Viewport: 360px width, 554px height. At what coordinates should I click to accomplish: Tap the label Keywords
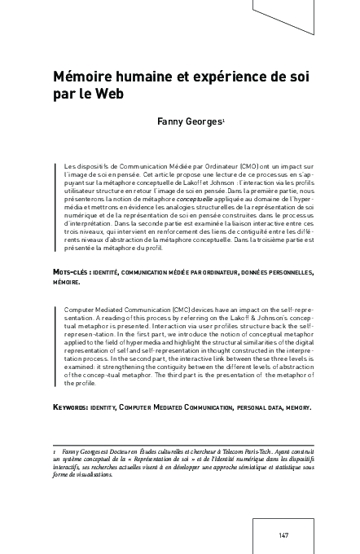click(x=76, y=405)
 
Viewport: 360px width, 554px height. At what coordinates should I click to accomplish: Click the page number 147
click(x=284, y=536)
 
